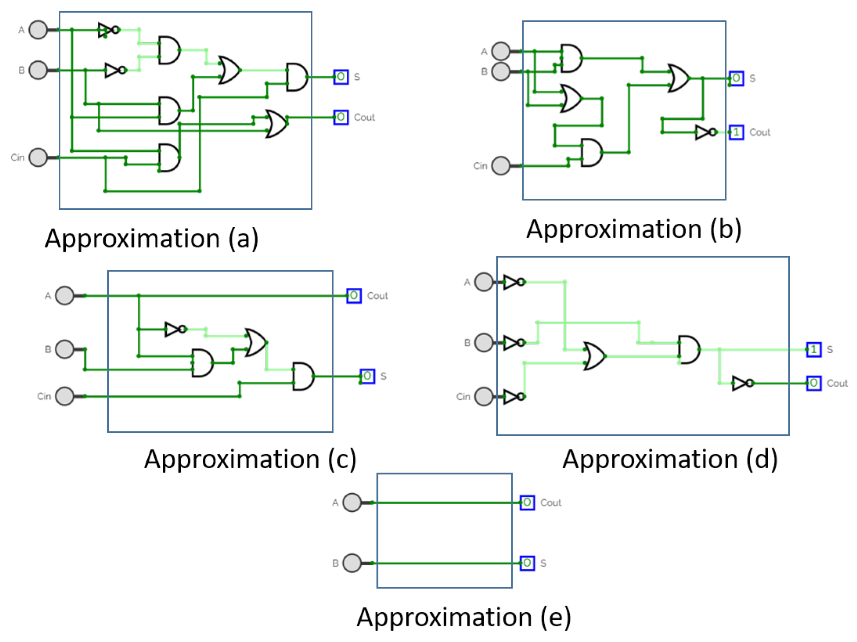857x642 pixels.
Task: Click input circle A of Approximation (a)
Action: click(38, 30)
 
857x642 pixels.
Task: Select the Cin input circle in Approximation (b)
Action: click(501, 165)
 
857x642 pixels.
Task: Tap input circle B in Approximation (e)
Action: click(352, 563)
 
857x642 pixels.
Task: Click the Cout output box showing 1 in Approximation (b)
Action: click(736, 132)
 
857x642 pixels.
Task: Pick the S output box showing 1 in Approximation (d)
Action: click(814, 349)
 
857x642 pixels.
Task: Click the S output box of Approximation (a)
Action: click(341, 77)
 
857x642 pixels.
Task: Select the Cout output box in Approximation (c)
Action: click(354, 295)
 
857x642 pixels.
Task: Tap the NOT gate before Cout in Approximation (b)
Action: click(706, 132)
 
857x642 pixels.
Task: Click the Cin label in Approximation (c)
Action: click(44, 396)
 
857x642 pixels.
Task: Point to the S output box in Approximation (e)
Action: click(527, 563)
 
